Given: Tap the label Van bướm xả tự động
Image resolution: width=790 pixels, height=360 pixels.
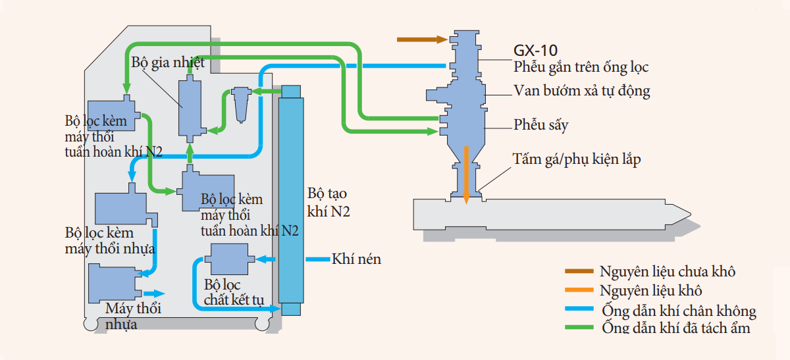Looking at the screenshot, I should click(581, 91).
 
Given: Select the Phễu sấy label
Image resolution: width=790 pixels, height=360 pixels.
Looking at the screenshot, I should click(540, 125).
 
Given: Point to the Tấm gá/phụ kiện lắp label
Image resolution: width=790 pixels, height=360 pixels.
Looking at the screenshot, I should click(577, 159).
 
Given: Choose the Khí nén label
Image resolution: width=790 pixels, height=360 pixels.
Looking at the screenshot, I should click(357, 259).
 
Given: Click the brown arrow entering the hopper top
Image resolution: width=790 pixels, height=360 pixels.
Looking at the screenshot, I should click(421, 39).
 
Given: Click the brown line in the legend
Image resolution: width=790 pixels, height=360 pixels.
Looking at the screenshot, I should click(580, 271).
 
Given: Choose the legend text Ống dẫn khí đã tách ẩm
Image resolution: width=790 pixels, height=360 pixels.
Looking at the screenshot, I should click(675, 328).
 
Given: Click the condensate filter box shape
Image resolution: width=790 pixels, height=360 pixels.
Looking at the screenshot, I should click(228, 259).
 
